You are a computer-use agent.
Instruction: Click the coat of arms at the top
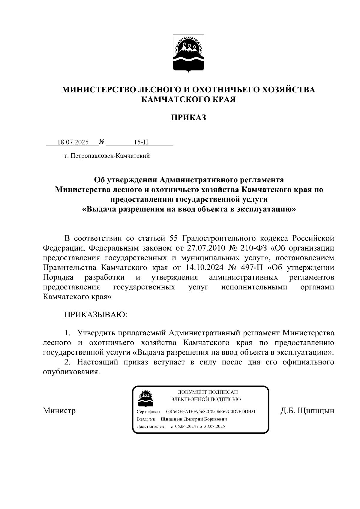pyautogui.click(x=188, y=53)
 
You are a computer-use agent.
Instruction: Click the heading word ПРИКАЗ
pyautogui.click(x=188, y=118)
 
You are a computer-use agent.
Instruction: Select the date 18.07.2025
pyautogui.click(x=73, y=142)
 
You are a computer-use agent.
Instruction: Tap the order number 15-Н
pyautogui.click(x=141, y=142)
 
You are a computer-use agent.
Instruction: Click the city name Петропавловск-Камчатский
pyautogui.click(x=110, y=156)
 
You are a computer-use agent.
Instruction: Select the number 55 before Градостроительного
pyautogui.click(x=174, y=238)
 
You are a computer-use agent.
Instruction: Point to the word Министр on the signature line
pyautogui.click(x=59, y=410)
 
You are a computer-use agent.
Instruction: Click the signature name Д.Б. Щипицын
pyautogui.click(x=307, y=410)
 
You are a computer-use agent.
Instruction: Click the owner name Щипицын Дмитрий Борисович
pyautogui.click(x=194, y=419)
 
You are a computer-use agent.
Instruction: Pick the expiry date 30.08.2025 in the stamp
pyautogui.click(x=214, y=427)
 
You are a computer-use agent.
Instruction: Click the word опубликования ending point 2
pyautogui.click(x=71, y=372)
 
